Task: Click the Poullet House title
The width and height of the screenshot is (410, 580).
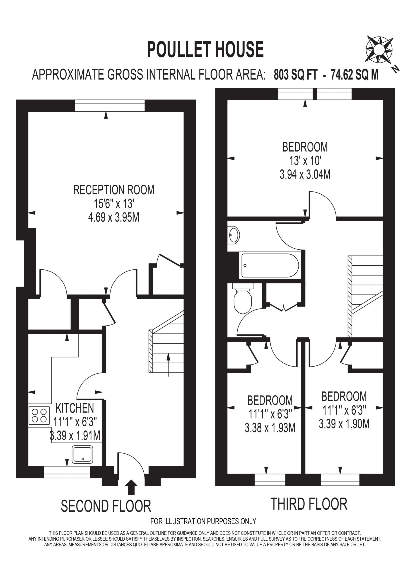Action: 205,50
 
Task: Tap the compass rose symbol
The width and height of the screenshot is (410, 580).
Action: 379,50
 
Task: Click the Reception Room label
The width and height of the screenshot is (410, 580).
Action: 114,190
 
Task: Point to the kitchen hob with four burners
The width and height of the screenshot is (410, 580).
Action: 39,415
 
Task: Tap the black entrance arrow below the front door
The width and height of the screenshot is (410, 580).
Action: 131,487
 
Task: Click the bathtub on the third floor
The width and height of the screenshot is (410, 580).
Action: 270,266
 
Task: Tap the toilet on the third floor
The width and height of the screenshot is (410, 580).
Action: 243,298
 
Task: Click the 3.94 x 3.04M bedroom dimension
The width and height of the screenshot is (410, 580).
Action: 305,174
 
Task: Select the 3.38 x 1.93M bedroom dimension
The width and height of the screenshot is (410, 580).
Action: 270,428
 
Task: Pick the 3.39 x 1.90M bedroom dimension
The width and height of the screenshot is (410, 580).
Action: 344,424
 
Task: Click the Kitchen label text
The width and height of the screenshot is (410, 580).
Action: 75,408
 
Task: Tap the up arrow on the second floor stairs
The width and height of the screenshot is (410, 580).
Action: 168,365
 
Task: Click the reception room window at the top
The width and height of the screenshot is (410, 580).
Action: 110,106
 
